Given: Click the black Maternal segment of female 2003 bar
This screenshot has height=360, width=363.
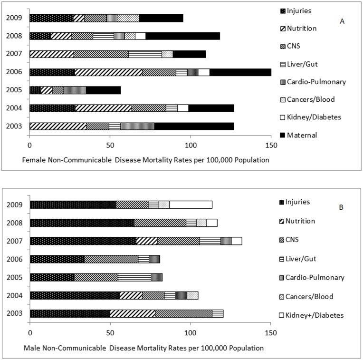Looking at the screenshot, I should pyautogui.click(x=194, y=126).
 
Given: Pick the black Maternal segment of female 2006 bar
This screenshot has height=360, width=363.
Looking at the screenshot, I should pyautogui.click(x=240, y=72).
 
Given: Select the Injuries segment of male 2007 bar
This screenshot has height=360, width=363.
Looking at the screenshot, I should pyautogui.click(x=83, y=241).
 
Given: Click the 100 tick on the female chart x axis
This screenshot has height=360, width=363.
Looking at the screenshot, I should pyautogui.click(x=191, y=144).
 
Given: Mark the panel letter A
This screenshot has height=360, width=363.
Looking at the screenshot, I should pyautogui.click(x=342, y=21).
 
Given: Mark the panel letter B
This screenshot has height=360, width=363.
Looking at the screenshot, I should pyautogui.click(x=341, y=207).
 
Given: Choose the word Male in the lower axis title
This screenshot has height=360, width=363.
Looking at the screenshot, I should pyautogui.click(x=31, y=348).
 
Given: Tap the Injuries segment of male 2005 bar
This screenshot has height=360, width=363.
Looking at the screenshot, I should pyautogui.click(x=52, y=277).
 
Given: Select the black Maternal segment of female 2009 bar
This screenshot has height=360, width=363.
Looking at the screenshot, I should pyautogui.click(x=161, y=18).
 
